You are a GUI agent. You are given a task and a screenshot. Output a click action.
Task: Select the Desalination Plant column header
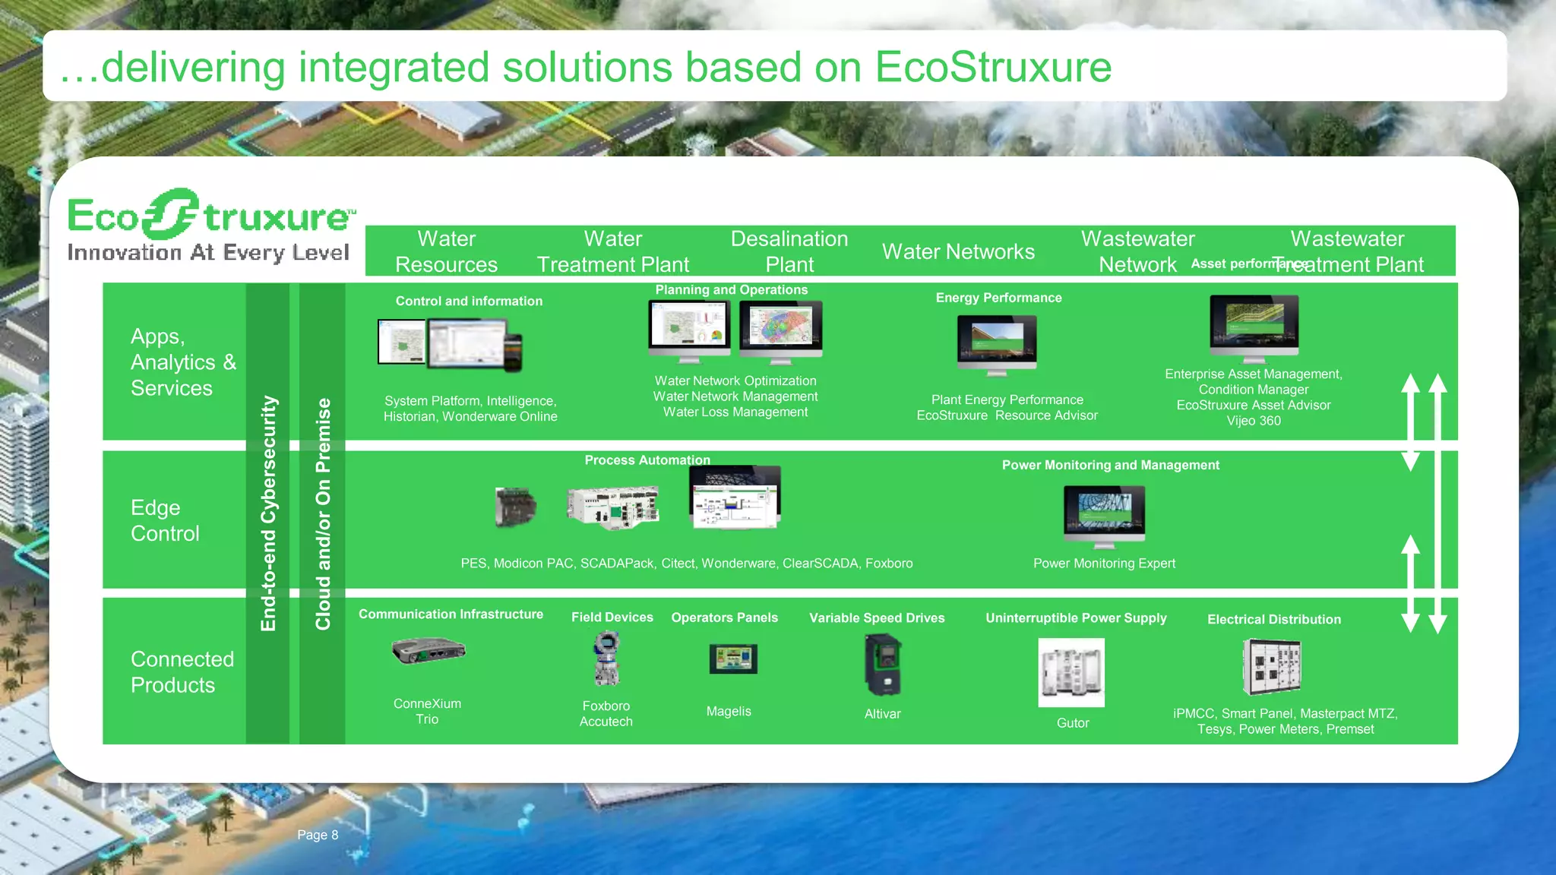click(789, 251)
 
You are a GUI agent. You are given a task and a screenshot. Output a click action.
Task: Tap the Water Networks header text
click(958, 251)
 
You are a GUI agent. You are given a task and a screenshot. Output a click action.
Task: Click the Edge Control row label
click(165, 520)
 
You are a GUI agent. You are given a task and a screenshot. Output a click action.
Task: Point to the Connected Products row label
click(182, 671)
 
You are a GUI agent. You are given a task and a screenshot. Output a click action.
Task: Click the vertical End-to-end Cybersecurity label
click(268, 513)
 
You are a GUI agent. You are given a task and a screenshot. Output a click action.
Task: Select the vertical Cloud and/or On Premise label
click(323, 513)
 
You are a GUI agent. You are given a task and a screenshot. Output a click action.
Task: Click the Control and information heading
click(469, 301)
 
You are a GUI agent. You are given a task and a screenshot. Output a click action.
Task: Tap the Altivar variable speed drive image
click(883, 665)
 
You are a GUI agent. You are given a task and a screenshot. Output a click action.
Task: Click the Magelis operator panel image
click(732, 659)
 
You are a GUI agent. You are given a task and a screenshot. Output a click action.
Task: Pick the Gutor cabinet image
click(1071, 672)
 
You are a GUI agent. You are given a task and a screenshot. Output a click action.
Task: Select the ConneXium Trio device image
click(429, 651)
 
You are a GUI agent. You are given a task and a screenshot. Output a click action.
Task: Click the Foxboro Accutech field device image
click(606, 659)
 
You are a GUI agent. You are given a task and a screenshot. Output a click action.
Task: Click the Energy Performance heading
click(998, 298)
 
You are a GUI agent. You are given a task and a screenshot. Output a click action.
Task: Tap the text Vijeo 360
click(1253, 421)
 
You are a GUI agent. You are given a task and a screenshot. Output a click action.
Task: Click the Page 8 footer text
click(318, 835)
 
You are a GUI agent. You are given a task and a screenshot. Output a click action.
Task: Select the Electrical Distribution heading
click(1273, 619)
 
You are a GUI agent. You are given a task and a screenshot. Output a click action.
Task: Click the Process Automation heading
click(647, 460)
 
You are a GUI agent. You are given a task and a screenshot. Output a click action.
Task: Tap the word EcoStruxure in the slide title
click(993, 67)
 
